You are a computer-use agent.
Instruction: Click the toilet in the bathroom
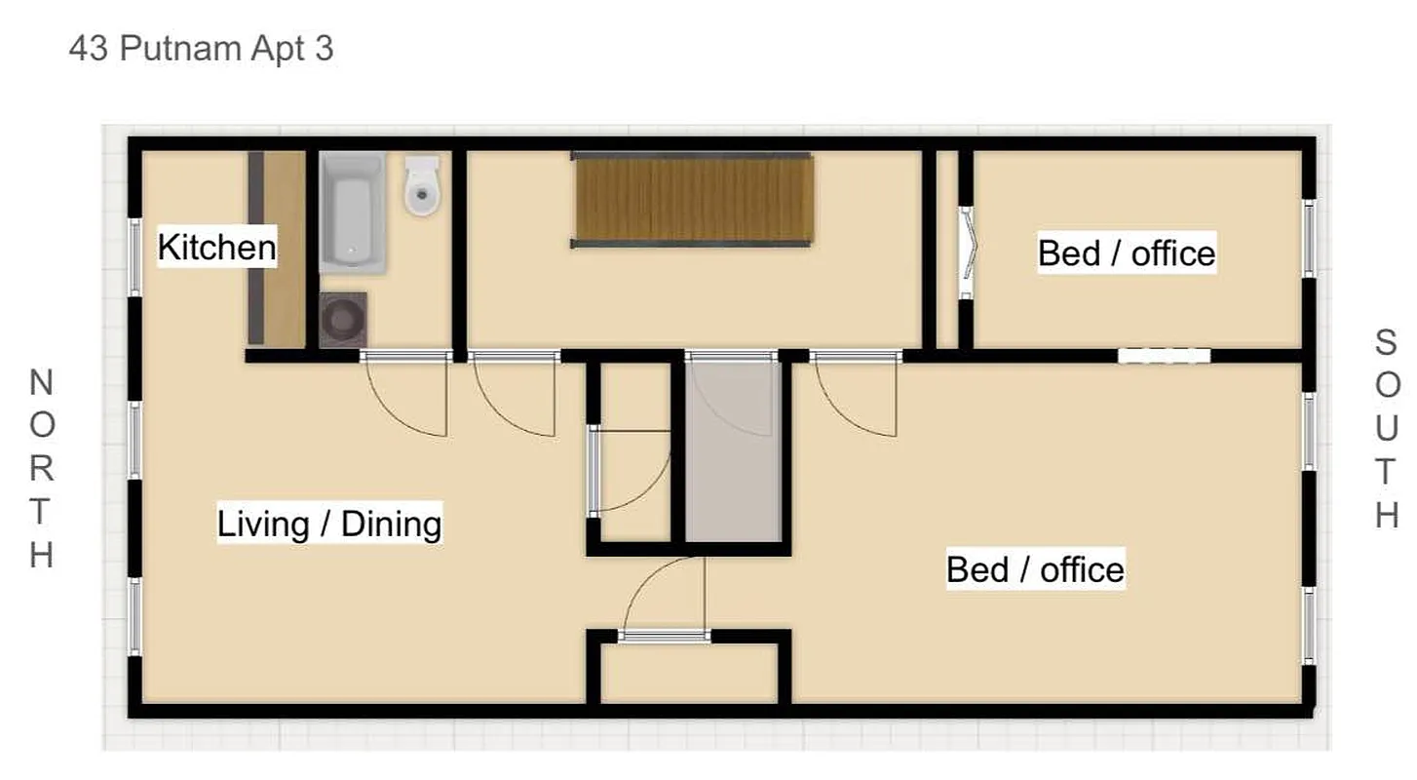(x=422, y=187)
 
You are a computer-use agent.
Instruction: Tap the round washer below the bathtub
(x=343, y=319)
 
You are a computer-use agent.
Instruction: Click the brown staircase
(x=692, y=200)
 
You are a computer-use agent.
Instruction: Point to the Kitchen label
(x=216, y=248)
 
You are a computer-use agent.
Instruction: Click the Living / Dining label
(x=328, y=525)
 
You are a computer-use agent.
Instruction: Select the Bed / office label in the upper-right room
(x=1126, y=253)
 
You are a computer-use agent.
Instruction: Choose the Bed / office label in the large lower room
(x=1035, y=568)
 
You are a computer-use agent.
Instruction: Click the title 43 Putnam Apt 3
(x=201, y=49)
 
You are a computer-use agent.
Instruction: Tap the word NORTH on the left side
(x=41, y=468)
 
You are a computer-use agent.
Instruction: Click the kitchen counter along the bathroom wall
(x=276, y=249)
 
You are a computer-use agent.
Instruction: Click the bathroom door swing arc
(x=409, y=400)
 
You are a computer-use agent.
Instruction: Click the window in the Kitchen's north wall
(x=135, y=255)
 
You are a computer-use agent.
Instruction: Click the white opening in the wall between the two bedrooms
(x=1164, y=356)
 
